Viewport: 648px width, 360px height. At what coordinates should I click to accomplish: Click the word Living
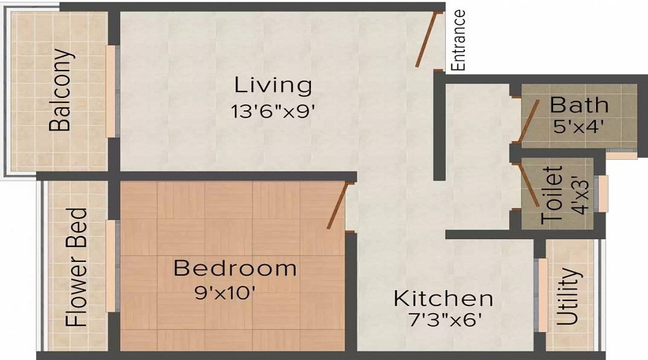pos(274,85)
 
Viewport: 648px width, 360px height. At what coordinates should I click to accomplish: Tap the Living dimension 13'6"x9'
pos(274,112)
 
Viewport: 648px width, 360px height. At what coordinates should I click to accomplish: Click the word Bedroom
pos(235,269)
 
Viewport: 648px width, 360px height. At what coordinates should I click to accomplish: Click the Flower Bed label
pos(77,268)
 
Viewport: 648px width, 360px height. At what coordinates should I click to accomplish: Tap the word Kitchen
pos(443,298)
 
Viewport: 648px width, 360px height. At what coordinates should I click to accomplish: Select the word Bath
pos(579,104)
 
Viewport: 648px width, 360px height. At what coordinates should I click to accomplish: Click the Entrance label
pos(459,40)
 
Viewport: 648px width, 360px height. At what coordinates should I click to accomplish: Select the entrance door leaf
pos(430,40)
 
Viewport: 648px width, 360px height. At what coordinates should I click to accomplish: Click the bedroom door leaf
pos(339,205)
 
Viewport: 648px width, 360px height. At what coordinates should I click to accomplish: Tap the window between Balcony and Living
pos(111,91)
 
